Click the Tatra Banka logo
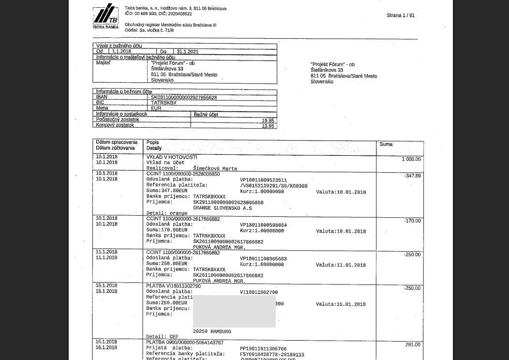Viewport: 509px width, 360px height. [105, 16]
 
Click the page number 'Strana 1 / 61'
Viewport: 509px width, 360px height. [400, 15]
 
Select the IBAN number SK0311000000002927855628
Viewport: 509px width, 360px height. [184, 97]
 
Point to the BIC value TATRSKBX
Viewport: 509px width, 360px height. [164, 103]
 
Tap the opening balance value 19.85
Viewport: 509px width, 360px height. [268, 120]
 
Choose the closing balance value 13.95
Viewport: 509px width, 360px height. [268, 126]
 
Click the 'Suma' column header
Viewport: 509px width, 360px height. [386, 144]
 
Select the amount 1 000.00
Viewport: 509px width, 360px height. [411, 159]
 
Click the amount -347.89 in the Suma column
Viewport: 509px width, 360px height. [412, 176]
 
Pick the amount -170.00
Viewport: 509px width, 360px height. [412, 221]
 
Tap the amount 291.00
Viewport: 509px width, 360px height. [413, 345]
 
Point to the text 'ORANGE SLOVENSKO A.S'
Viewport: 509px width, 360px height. [222, 208]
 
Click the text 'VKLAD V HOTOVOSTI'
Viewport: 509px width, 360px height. [172, 157]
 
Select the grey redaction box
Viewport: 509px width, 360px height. [234, 311]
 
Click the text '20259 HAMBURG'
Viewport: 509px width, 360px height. [212, 331]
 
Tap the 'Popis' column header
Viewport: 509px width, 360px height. [153, 143]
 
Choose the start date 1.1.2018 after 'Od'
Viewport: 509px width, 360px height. [121, 51]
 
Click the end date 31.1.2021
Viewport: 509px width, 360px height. [187, 51]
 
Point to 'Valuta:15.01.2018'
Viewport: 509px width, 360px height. [341, 304]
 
